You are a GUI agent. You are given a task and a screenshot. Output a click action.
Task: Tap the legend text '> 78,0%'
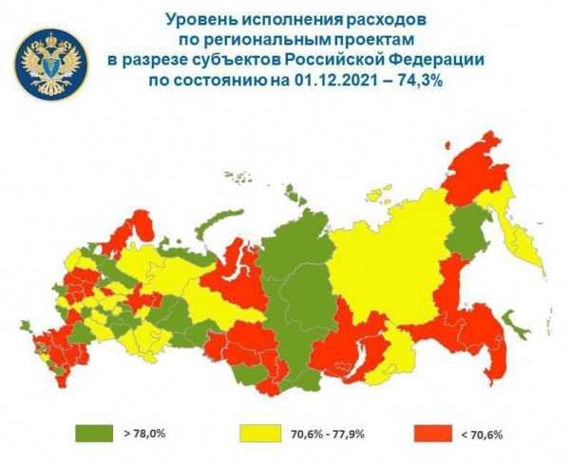coord(144,434)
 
